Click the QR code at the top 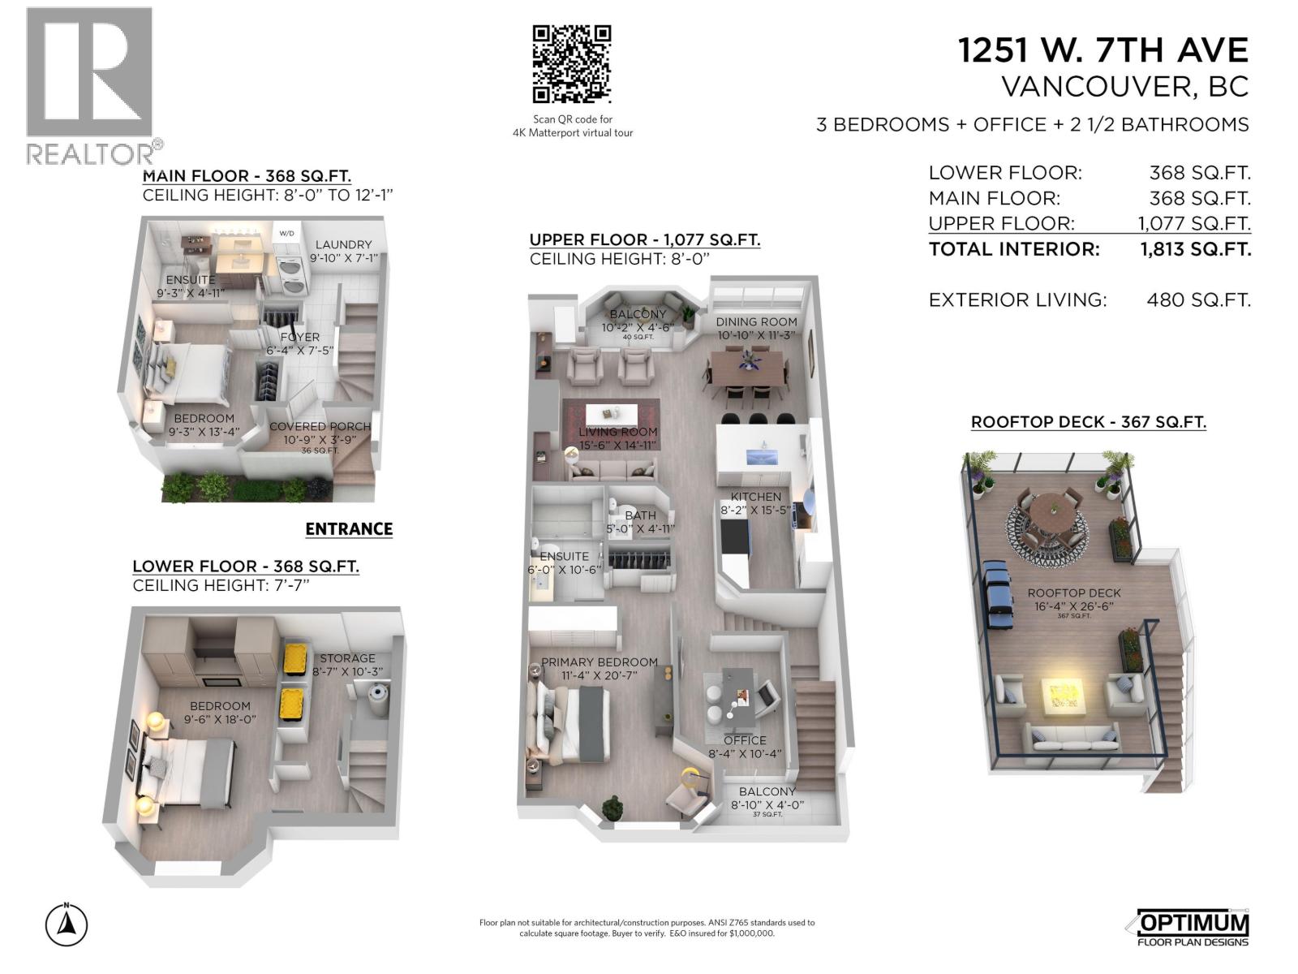pyautogui.click(x=571, y=64)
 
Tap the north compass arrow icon pyautogui.click(x=67, y=924)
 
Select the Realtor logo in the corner pyautogui.click(x=90, y=85)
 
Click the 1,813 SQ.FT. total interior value pyautogui.click(x=1195, y=249)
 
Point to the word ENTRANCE pyautogui.click(x=349, y=529)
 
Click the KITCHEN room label pyautogui.click(x=756, y=497)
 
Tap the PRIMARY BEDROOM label pyautogui.click(x=599, y=662)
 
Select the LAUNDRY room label pyautogui.click(x=343, y=244)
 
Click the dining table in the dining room pyautogui.click(x=747, y=368)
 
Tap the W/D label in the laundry pyautogui.click(x=287, y=234)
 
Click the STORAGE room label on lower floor pyautogui.click(x=347, y=658)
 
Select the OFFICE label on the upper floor pyautogui.click(x=745, y=740)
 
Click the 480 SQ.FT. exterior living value pyautogui.click(x=1198, y=300)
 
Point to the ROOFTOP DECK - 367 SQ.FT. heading pyautogui.click(x=1088, y=422)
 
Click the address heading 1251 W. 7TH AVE pyautogui.click(x=1102, y=50)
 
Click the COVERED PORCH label pyautogui.click(x=320, y=426)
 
